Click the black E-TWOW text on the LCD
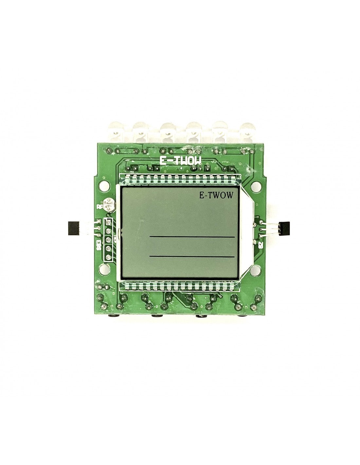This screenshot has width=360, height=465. tap(216, 195)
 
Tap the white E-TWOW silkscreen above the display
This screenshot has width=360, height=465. tap(180, 160)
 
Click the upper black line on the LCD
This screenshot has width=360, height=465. tap(192, 236)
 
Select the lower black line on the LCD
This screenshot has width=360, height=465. tap(192, 257)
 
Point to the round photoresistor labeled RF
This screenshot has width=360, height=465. tap(108, 205)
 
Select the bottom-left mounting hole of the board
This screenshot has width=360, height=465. tap(104, 269)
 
